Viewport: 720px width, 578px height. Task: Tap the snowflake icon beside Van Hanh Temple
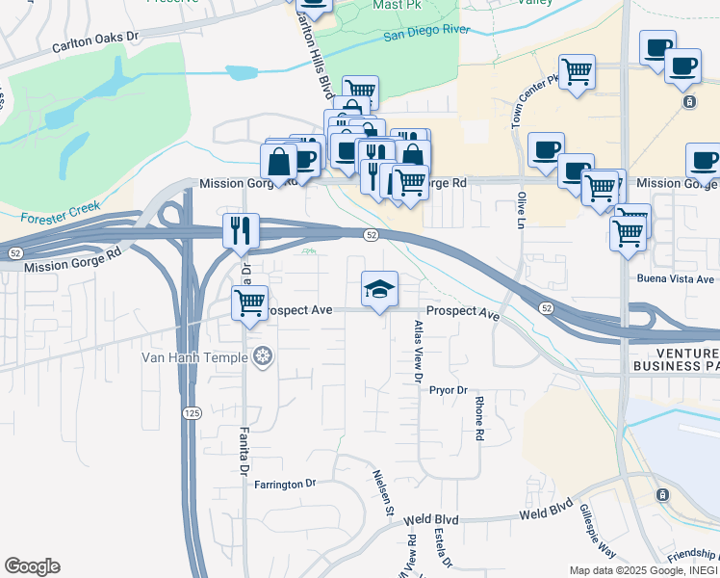[262, 358]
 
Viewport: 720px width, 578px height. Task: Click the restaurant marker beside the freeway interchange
[241, 230]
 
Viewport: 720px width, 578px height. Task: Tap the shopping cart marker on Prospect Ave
[250, 302]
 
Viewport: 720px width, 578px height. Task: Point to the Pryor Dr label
[448, 390]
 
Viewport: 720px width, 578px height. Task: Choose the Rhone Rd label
[478, 420]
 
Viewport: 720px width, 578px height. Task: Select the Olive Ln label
[521, 211]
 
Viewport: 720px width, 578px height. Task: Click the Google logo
[32, 566]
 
